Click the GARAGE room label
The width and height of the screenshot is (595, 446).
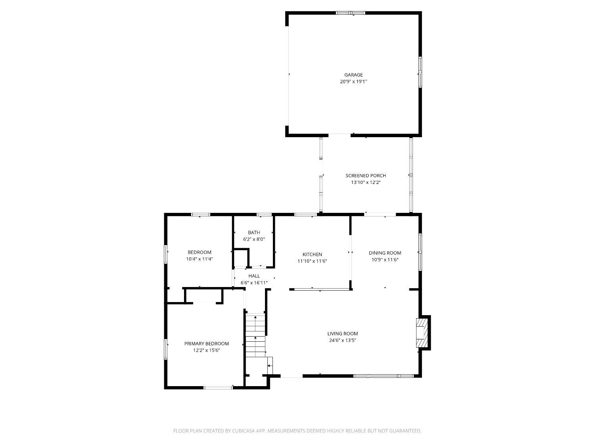click(353, 75)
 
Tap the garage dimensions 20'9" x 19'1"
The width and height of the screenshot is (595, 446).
click(353, 82)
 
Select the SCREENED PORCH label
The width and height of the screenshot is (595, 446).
click(365, 176)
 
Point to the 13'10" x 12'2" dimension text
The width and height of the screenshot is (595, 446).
click(365, 182)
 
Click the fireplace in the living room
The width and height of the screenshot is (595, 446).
click(422, 333)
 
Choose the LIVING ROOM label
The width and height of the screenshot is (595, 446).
click(342, 334)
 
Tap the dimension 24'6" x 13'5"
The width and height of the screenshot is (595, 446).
click(342, 341)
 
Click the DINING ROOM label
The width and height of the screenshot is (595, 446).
click(385, 253)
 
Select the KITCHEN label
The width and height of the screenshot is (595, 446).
click(312, 254)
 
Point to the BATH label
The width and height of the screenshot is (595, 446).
click(254, 232)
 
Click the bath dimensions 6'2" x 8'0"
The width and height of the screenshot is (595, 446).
click(254, 239)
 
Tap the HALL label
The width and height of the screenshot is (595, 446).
click(254, 276)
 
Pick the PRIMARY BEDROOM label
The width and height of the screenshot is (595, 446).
click(206, 344)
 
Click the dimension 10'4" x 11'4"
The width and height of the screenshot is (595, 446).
click(199, 259)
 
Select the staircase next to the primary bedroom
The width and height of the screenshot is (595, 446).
click(255, 335)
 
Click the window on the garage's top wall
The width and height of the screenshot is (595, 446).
click(350, 13)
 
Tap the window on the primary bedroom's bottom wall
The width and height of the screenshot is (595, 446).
click(218, 388)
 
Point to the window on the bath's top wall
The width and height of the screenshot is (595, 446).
click(264, 215)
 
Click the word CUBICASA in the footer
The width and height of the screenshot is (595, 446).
click(243, 431)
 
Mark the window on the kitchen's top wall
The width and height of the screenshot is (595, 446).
click(305, 215)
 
